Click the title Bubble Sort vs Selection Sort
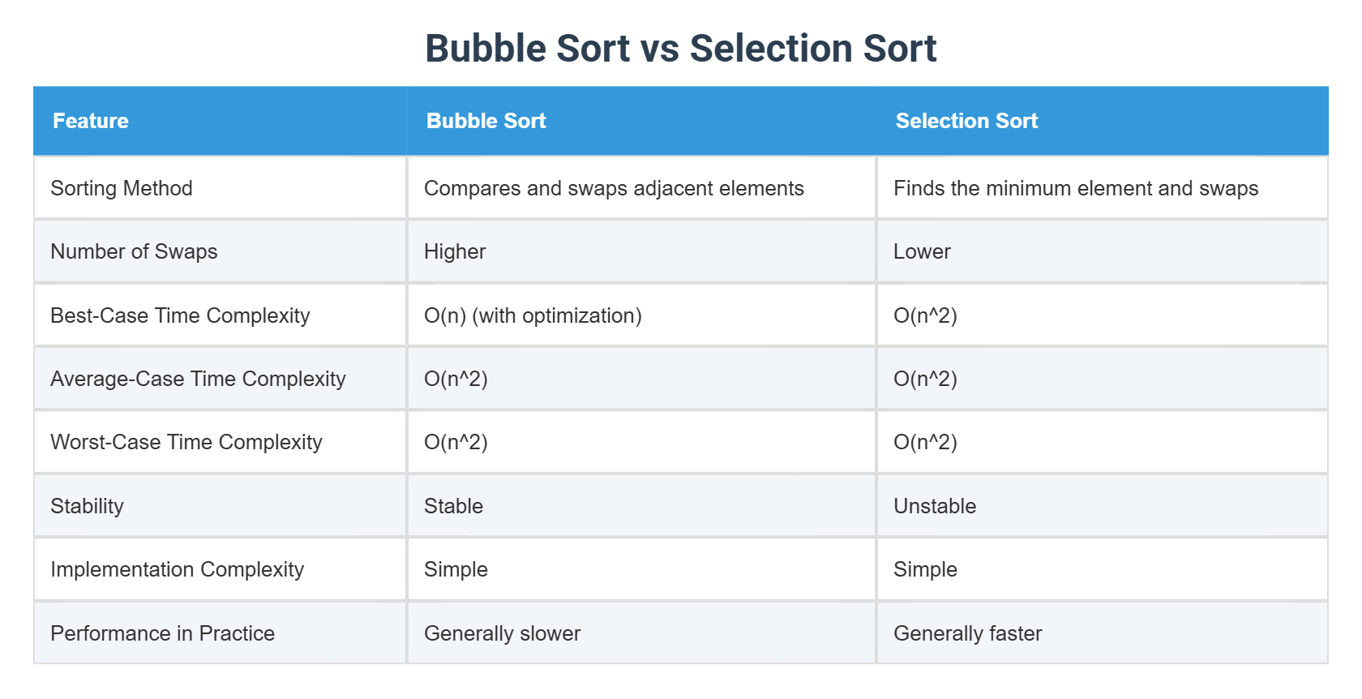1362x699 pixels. click(x=680, y=49)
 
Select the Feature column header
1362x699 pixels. click(x=91, y=121)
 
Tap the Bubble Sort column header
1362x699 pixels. click(x=486, y=121)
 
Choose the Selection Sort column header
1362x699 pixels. click(x=966, y=121)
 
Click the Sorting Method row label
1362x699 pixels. click(x=122, y=188)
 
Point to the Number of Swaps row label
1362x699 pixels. click(x=134, y=251)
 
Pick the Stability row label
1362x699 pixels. click(x=87, y=506)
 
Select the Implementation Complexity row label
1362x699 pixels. click(x=177, y=569)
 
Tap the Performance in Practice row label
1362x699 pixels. click(x=162, y=633)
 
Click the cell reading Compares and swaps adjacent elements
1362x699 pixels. click(x=614, y=188)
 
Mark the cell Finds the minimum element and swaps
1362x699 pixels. click(x=1076, y=188)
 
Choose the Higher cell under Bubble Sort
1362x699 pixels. click(x=455, y=251)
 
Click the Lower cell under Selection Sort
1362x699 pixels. click(x=922, y=251)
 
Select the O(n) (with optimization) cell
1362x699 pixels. click(x=533, y=315)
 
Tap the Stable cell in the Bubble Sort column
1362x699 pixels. click(x=453, y=506)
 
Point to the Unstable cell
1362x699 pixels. click(x=935, y=506)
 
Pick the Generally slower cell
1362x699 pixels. click(x=502, y=633)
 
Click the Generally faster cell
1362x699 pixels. click(x=967, y=633)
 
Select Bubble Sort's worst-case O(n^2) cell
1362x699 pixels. click(x=456, y=442)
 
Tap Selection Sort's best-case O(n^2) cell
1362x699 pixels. click(x=925, y=315)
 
